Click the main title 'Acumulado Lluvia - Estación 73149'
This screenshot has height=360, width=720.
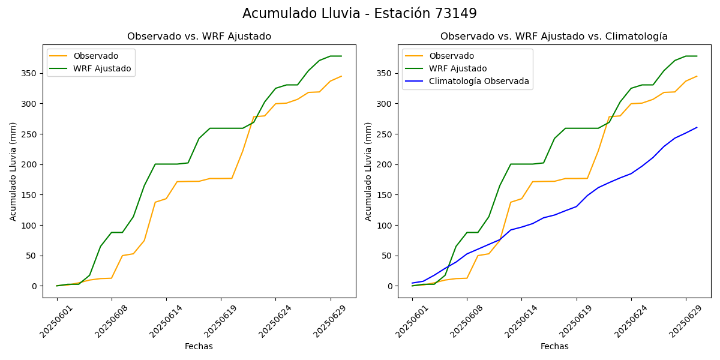tap(359, 14)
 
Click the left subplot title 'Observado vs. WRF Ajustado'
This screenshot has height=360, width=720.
tap(199, 37)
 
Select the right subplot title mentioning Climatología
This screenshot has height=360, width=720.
tap(554, 37)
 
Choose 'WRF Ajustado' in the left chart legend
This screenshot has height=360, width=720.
tap(102, 68)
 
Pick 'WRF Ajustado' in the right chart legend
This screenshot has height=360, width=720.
tap(457, 68)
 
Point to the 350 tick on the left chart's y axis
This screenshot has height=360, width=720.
tap(29, 73)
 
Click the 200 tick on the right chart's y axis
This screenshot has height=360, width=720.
tap(385, 164)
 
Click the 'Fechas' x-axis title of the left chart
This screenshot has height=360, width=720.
tap(199, 346)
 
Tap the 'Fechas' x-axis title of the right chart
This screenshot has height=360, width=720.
tap(554, 346)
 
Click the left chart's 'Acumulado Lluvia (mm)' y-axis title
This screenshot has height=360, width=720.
tap(13, 171)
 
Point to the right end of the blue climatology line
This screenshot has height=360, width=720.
tap(697, 127)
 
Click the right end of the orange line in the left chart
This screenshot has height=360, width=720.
tap(341, 76)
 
